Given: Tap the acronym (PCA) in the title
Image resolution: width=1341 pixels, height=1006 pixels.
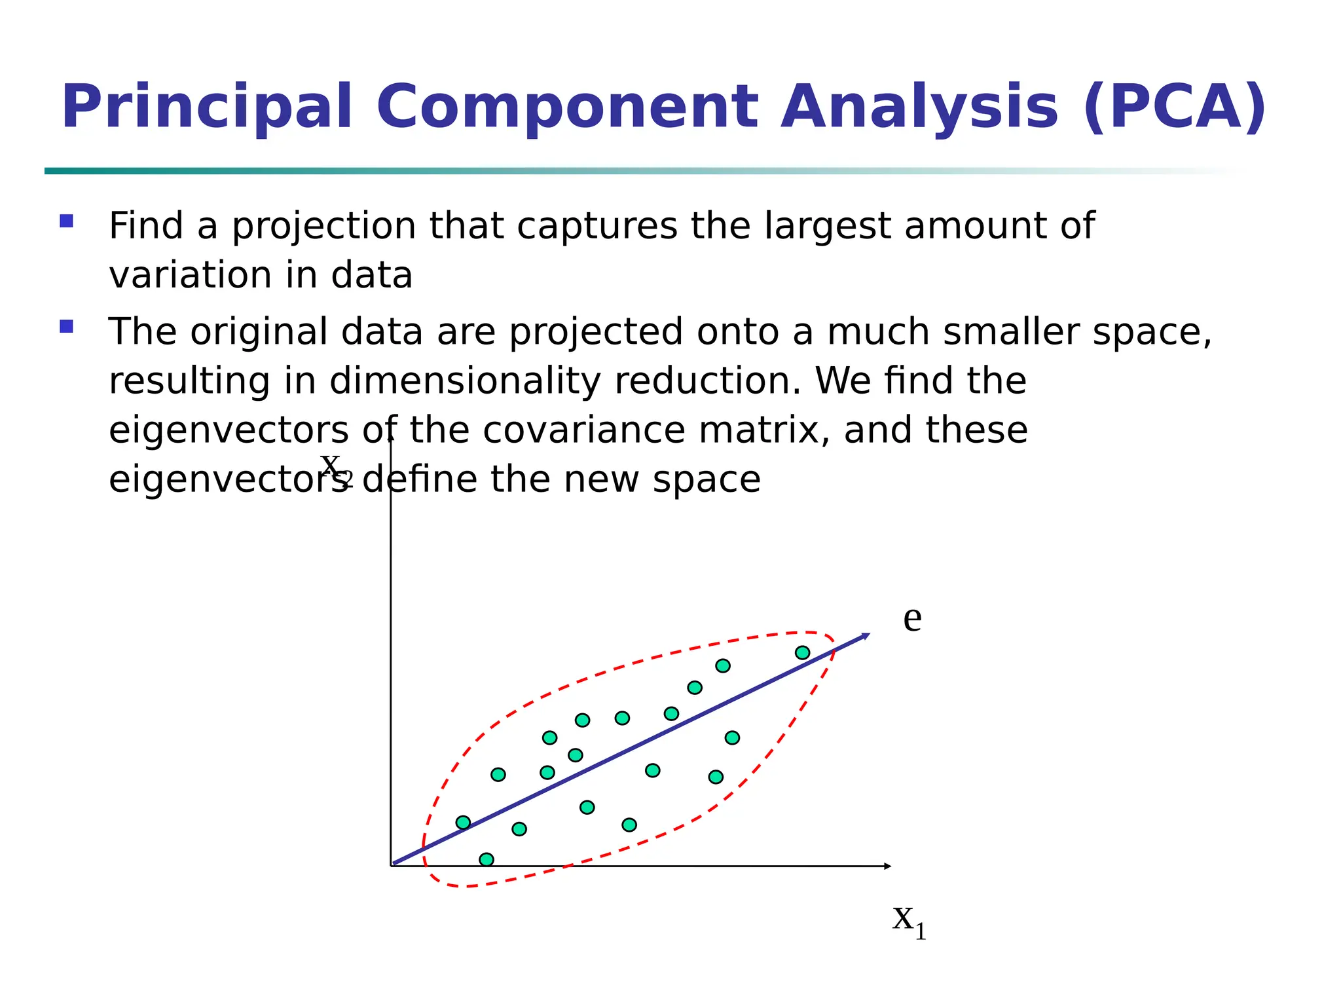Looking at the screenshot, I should tap(1175, 107).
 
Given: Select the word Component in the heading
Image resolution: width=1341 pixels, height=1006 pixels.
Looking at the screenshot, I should tap(567, 107).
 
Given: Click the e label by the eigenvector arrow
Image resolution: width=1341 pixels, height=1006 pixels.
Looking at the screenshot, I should tap(912, 619).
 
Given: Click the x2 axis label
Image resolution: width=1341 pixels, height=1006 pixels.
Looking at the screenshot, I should tap(335, 466).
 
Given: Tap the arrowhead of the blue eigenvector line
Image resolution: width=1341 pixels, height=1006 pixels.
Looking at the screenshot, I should tap(866, 635).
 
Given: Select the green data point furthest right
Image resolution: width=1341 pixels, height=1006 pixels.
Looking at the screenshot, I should tap(802, 652).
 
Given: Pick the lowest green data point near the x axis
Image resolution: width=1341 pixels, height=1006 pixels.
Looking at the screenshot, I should tap(487, 859).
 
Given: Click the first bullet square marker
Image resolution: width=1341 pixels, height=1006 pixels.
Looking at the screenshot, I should tap(66, 221).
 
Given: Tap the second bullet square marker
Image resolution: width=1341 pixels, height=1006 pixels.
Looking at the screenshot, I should tap(66, 326).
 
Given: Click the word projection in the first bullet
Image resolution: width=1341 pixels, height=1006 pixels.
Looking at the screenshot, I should tap(324, 227).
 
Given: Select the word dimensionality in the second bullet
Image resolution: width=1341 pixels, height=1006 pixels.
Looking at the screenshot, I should tap(464, 381).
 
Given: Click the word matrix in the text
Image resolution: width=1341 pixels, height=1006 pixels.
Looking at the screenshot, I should tap(764, 430).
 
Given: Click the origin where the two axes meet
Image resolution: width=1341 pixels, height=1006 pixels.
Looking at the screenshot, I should tap(391, 866).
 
